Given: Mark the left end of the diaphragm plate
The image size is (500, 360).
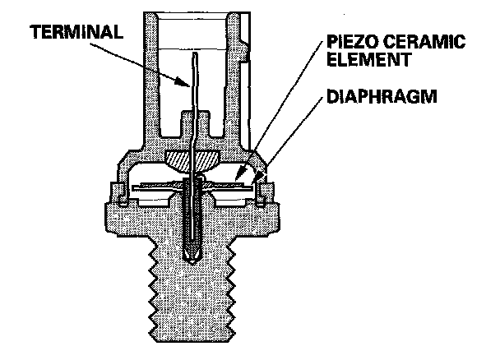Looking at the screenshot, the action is tap(123, 188).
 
